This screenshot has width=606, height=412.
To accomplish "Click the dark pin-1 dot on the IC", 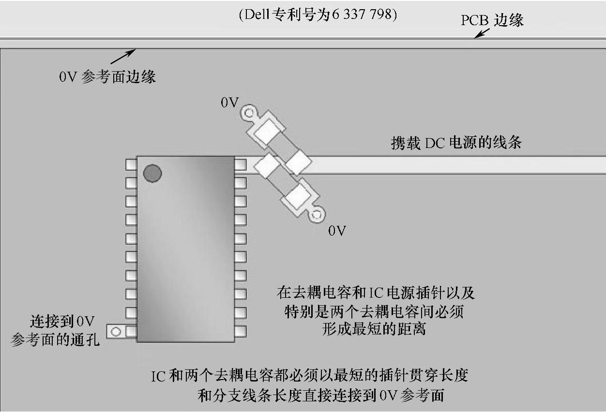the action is tap(152, 173).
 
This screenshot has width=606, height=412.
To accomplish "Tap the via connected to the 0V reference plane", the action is tap(116, 332).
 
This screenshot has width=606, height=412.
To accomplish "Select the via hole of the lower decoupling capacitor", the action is tap(317, 213).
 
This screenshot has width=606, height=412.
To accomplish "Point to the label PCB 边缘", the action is tap(492, 20).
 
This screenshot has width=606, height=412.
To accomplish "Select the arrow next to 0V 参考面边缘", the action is tap(123, 56).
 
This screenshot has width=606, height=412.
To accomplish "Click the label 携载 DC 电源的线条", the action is tap(456, 143).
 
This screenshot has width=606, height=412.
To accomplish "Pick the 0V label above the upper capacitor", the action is tap(229, 103).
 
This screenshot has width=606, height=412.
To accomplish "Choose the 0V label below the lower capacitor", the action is tap(337, 231).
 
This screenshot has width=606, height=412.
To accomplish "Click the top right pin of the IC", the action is tap(241, 165).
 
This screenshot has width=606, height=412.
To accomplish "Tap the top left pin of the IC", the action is tap(131, 164).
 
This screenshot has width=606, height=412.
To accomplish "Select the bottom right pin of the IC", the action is tap(241, 331).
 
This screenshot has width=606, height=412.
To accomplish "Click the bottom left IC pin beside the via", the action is tap(131, 332).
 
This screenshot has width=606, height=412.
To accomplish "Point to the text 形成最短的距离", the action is tap(374, 329).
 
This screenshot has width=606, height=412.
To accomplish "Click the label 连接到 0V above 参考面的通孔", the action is tap(62, 322).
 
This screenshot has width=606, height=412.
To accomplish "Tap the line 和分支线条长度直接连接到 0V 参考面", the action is tap(321, 396).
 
